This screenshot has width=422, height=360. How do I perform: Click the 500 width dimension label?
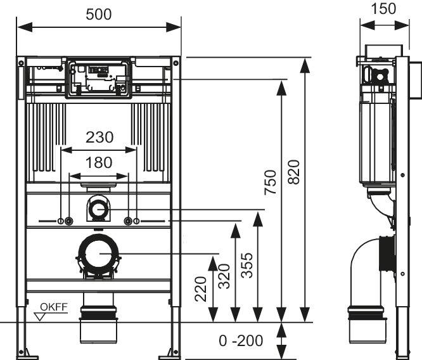tap(98, 15)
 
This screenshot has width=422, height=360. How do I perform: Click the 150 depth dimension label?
tap(384, 8)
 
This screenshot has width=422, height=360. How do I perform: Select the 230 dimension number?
tap(99, 137)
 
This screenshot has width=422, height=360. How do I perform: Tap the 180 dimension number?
tap(99, 162)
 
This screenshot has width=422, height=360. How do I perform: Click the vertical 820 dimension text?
tap(293, 171)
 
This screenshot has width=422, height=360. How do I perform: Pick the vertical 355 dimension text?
tap(247, 266)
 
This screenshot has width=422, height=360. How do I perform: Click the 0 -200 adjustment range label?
tap(241, 341)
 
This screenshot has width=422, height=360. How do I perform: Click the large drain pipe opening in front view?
tap(99, 254)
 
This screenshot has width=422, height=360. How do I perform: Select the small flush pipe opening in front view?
tap(98, 208)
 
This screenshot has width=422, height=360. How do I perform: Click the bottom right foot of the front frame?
tap(174, 350)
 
